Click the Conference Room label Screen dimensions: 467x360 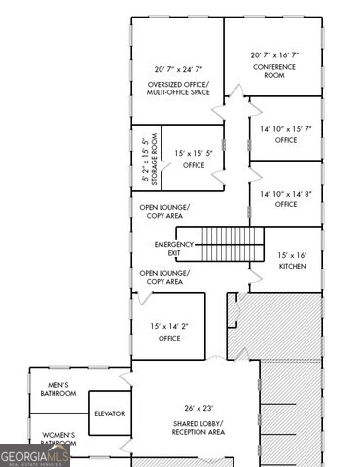(x=273, y=71)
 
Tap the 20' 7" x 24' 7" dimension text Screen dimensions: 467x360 (x=177, y=70)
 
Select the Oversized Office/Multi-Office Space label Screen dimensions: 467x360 (x=177, y=89)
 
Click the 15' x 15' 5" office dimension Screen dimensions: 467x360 (x=194, y=154)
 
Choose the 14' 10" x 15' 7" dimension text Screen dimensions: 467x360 (x=285, y=128)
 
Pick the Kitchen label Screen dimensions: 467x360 (x=293, y=266)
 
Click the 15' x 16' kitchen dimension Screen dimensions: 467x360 (x=293, y=254)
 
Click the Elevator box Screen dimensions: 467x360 (x=109, y=413)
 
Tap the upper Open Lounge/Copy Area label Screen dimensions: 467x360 (x=164, y=211)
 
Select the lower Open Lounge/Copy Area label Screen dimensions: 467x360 (x=164, y=277)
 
